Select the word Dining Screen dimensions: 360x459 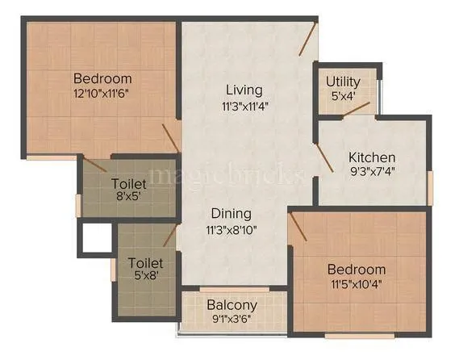pyautogui.click(x=232, y=214)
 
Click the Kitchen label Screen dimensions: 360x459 pyautogui.click(x=371, y=157)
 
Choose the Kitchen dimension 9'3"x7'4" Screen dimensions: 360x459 pyautogui.click(x=371, y=170)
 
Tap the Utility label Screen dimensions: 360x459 pyautogui.click(x=344, y=82)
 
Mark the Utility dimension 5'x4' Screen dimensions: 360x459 pyautogui.click(x=344, y=95)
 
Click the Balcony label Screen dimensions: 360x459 pyautogui.click(x=232, y=305)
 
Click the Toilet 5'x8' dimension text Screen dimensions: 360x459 pyautogui.click(x=146, y=277)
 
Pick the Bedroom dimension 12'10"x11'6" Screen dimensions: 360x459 pyautogui.click(x=102, y=93)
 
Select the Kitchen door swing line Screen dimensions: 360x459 pyautogui.click(x=324, y=157)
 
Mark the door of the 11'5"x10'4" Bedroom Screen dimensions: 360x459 pyautogui.click(x=298, y=228)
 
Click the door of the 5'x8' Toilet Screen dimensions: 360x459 pyautogui.click(x=169, y=235)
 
